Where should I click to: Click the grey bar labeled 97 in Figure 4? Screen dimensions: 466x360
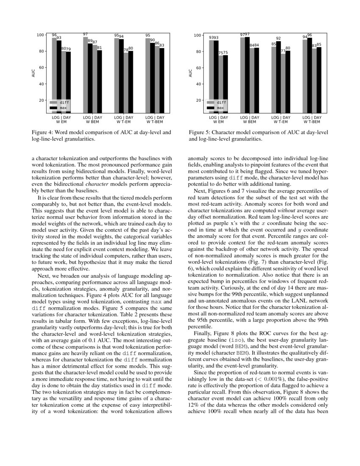[85, 76]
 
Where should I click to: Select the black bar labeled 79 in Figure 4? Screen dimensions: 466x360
[68, 83]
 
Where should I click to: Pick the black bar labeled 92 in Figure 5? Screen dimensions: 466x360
[278, 78]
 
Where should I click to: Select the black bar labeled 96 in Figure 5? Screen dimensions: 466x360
[309, 76]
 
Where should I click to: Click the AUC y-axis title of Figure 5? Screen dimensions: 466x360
[190, 73]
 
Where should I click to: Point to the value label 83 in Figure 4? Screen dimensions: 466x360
[162, 45]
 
